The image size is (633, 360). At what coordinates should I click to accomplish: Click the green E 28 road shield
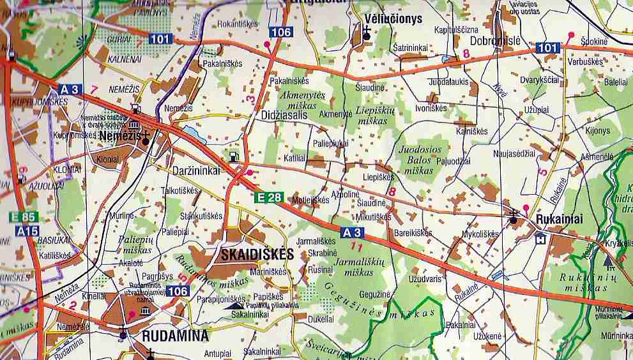(x=268, y=197)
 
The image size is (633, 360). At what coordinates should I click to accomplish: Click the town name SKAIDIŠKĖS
(x=257, y=254)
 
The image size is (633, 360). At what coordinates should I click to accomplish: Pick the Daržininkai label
(x=196, y=170)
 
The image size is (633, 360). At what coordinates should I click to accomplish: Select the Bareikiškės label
(x=415, y=233)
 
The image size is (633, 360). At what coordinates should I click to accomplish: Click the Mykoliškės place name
(x=480, y=234)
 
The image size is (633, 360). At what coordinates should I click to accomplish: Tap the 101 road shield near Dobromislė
(x=547, y=47)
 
